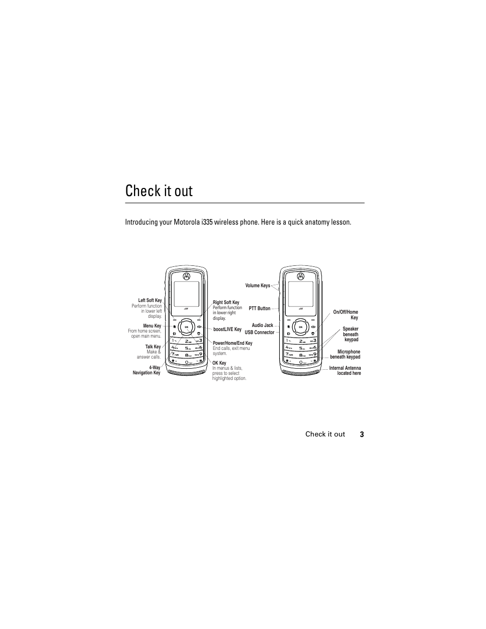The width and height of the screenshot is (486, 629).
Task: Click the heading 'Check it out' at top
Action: click(x=159, y=191)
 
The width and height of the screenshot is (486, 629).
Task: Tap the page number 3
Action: click(x=362, y=434)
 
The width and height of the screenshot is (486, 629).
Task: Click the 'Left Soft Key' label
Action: click(x=150, y=300)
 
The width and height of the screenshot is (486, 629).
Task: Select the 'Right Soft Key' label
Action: click(x=226, y=303)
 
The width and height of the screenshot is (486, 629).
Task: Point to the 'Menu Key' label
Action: click(x=152, y=326)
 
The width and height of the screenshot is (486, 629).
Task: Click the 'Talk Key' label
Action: click(x=153, y=347)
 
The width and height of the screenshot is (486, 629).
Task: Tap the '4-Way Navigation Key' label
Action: click(x=147, y=370)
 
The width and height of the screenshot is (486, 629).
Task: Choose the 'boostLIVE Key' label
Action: click(x=227, y=330)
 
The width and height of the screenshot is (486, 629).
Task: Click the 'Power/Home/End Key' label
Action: click(x=232, y=343)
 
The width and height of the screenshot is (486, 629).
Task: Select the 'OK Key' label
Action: click(x=219, y=363)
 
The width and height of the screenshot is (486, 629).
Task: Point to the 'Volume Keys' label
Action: click(x=257, y=286)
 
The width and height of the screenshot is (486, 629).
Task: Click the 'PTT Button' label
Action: click(x=259, y=309)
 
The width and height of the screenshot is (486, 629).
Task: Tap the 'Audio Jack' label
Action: click(x=262, y=325)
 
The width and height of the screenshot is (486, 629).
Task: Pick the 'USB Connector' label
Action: click(x=259, y=333)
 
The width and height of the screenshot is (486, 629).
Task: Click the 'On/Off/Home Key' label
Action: click(x=346, y=315)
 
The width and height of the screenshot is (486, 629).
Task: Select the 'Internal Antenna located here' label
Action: click(x=345, y=370)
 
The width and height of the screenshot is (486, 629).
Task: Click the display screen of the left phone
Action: click(x=186, y=294)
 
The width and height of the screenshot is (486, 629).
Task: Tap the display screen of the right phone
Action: click(x=301, y=294)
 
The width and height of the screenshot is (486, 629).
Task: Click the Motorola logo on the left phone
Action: click(x=186, y=276)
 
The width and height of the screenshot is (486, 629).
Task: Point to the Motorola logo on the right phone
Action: click(x=301, y=276)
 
